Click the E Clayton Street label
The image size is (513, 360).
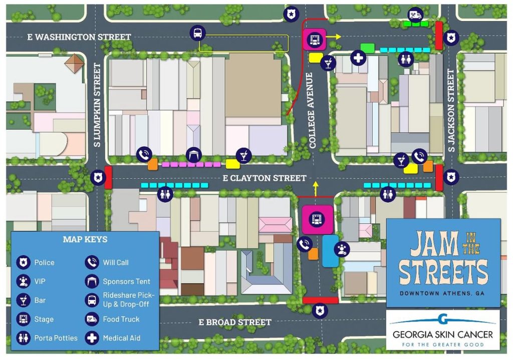264,178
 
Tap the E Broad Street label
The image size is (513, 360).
235,322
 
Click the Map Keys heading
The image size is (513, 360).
85,239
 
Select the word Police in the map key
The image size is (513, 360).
44,262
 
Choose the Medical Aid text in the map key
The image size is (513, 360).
122,338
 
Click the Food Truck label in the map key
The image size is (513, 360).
121,319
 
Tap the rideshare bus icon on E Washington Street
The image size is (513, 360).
197,34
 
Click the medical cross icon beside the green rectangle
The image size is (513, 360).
358,58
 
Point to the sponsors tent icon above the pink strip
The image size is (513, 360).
193,154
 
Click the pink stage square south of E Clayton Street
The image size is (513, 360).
318,219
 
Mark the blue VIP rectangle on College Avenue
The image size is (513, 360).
330,251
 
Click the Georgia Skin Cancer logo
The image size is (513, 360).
443,330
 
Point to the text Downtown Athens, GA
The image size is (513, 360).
443,293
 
